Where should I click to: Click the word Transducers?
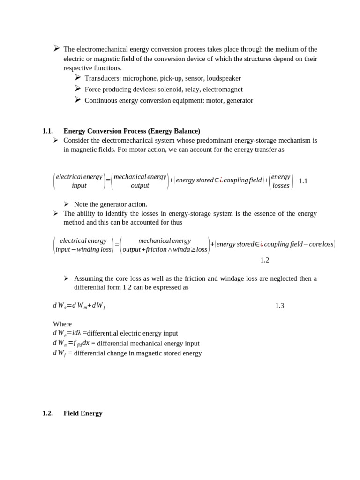(x=103, y=78)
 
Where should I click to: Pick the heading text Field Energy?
(x=83, y=413)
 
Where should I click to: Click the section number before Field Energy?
(x=47, y=413)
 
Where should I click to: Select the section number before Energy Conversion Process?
(x=47, y=131)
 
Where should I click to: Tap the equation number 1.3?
(x=279, y=306)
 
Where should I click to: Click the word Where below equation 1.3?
(x=62, y=324)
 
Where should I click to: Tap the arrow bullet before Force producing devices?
(x=78, y=89)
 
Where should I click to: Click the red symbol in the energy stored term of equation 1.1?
(x=221, y=180)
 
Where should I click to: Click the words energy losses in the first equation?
(x=281, y=181)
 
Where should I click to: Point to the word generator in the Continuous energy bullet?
(x=239, y=100)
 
